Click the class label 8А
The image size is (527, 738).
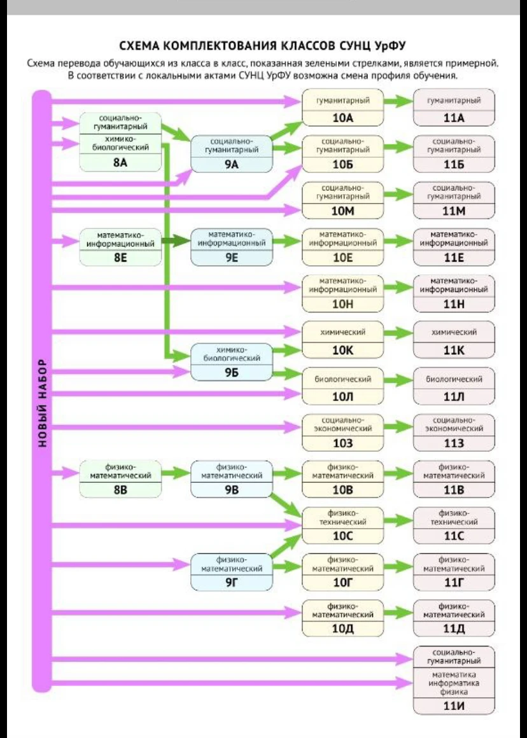click(120, 162)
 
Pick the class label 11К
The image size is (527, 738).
click(454, 351)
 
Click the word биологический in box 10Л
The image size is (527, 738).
click(342, 379)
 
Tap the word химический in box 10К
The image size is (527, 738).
click(342, 333)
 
